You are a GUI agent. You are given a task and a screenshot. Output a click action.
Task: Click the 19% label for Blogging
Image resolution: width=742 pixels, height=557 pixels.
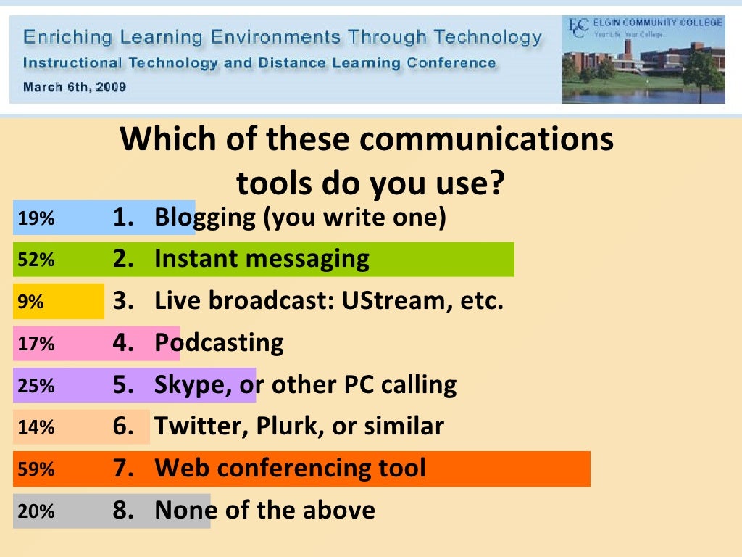(36, 218)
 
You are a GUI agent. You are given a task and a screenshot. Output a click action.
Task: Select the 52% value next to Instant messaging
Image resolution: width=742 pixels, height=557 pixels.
(36, 260)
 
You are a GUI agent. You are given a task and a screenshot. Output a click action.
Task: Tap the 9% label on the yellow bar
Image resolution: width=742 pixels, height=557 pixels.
(30, 302)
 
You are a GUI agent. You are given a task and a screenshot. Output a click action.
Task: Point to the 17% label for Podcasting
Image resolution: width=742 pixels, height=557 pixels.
(36, 344)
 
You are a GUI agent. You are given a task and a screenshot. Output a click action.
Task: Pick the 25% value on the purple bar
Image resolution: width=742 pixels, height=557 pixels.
(36, 386)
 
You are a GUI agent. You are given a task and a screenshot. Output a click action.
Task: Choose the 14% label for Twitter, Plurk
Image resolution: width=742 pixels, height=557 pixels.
(36, 427)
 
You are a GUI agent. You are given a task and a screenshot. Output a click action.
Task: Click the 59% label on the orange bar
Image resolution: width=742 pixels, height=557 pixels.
(36, 469)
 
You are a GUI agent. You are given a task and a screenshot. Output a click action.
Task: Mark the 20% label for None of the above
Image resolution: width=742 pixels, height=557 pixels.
(36, 511)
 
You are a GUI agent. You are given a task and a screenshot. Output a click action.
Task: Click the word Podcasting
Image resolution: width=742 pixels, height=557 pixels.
(219, 342)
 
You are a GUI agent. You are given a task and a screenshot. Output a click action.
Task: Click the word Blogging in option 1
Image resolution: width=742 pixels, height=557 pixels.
(204, 218)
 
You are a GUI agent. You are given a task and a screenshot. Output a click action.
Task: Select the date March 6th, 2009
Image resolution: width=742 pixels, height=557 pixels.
(75, 87)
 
